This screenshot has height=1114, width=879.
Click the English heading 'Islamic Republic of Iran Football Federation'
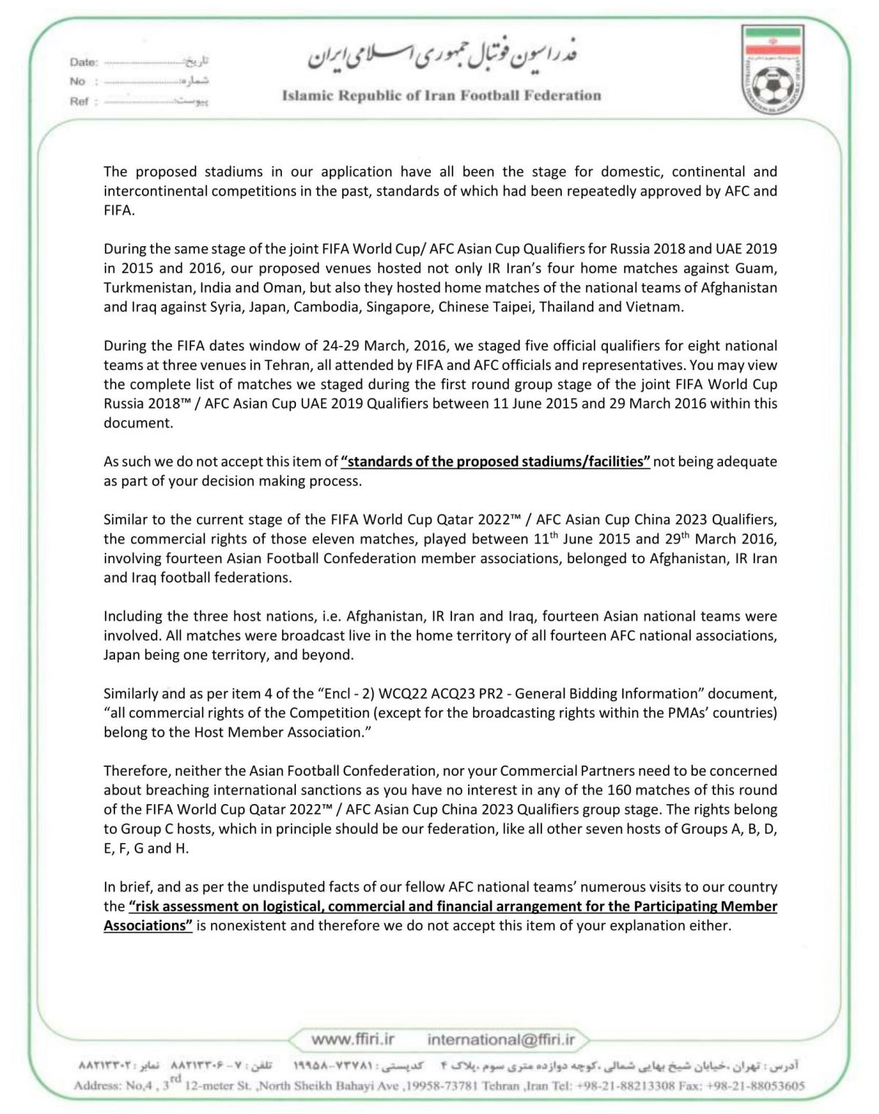pos(441,95)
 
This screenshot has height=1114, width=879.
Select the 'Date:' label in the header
pos(84,62)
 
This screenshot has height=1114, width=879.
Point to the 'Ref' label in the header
pos(79,101)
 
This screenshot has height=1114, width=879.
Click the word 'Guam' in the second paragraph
pos(760,268)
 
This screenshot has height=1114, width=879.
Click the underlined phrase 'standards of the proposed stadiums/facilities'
pos(495,461)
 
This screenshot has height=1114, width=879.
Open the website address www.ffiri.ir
pos(353,1039)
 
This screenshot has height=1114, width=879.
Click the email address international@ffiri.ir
pos(501,1039)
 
